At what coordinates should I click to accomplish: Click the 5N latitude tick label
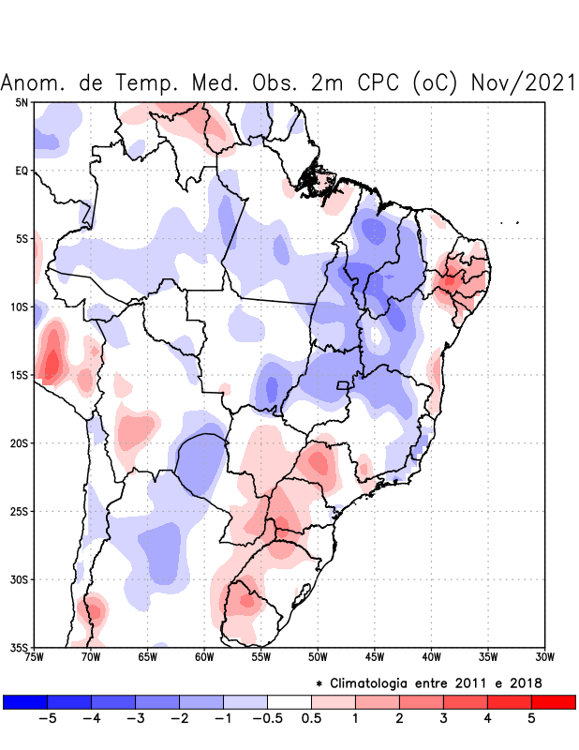[x=21, y=102]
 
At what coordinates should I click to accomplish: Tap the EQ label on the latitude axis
[x=21, y=171]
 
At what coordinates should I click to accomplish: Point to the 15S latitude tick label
[x=18, y=375]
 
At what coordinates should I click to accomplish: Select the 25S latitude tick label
[x=18, y=511]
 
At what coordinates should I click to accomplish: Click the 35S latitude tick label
[x=18, y=647]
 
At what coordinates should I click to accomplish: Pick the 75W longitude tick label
[x=35, y=657]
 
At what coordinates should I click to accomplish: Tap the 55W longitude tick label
[x=261, y=657]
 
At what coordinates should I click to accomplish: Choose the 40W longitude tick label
[x=431, y=657]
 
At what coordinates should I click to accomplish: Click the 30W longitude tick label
[x=544, y=657]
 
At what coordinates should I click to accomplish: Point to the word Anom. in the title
[x=35, y=82]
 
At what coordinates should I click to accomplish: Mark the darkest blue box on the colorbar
[x=25, y=702]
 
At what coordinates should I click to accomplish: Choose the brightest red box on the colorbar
[x=554, y=702]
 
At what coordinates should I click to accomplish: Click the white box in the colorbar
[x=289, y=702]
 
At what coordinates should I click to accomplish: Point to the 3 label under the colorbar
[x=443, y=719]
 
